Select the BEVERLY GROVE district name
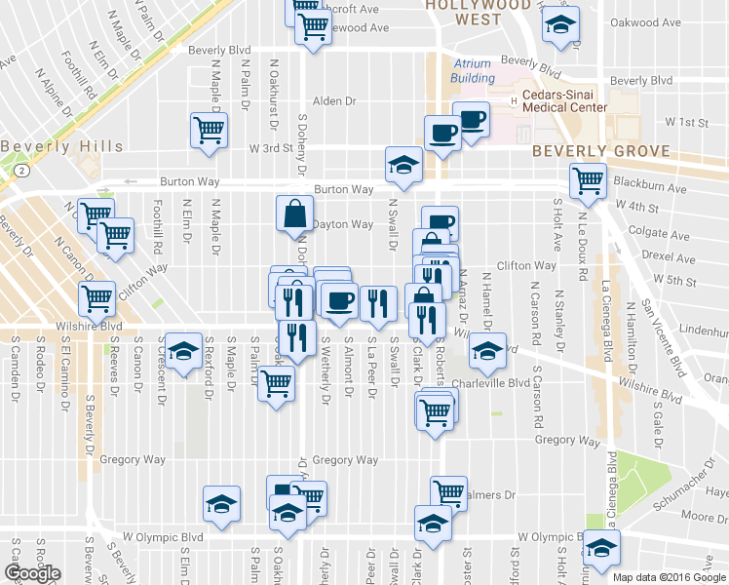click(601, 151)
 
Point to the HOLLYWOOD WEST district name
click(478, 11)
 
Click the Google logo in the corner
click(32, 573)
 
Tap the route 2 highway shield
click(19, 170)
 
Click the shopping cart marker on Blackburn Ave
click(589, 179)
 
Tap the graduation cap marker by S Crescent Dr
click(181, 351)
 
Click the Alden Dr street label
click(335, 100)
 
